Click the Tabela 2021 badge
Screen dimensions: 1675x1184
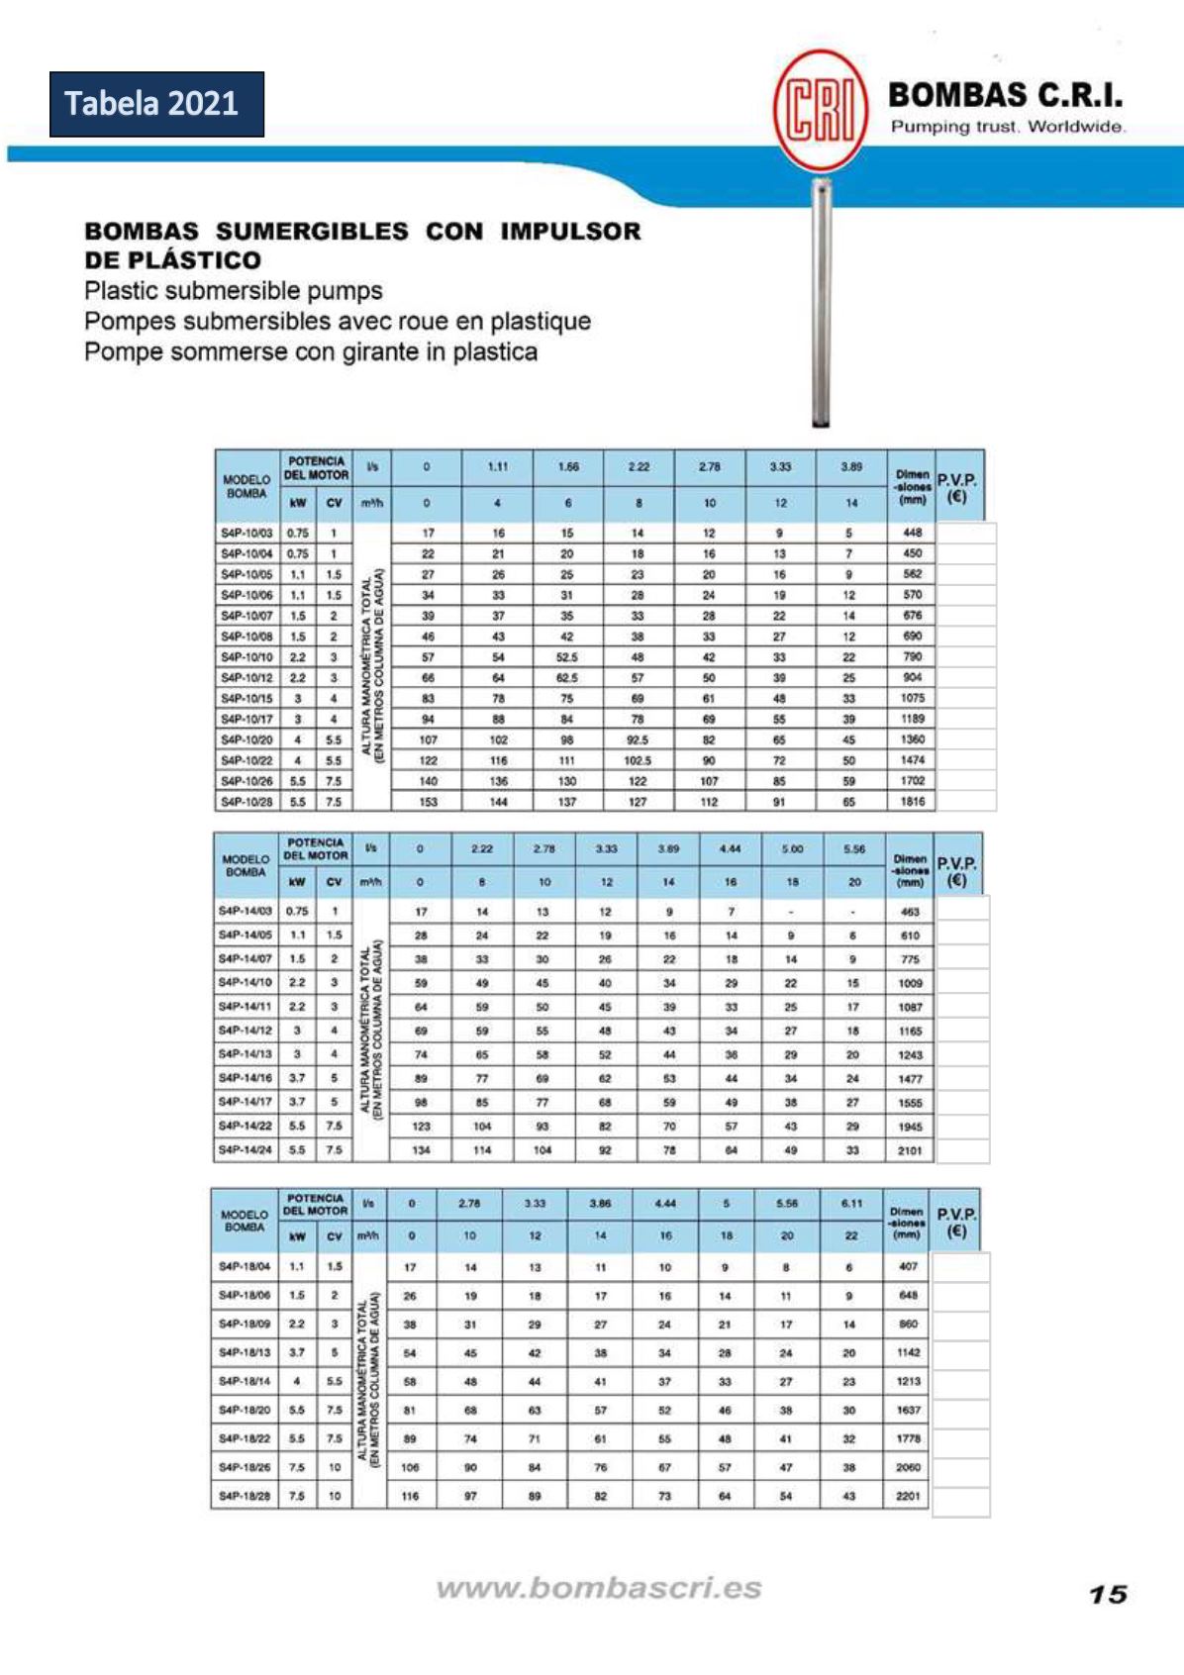[x=156, y=104]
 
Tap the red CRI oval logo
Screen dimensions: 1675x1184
[x=820, y=110]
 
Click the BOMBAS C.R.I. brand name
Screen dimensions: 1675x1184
[x=1005, y=96]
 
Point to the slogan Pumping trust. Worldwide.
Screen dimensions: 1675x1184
[x=1007, y=127]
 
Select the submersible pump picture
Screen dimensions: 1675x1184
[x=821, y=302]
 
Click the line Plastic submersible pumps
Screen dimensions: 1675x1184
[x=234, y=291]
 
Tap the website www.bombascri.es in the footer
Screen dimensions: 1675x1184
[x=599, y=1588]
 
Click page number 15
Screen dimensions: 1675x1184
[x=1108, y=1594]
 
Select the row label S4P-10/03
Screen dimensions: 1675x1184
[x=247, y=533]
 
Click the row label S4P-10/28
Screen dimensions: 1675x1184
[x=247, y=802]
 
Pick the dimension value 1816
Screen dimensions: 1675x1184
[x=912, y=802]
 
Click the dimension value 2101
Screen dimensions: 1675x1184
[x=910, y=1150]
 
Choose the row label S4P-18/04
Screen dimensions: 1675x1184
[x=245, y=1266]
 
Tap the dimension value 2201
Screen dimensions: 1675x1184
[x=908, y=1496]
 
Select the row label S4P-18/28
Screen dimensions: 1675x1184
[x=245, y=1496]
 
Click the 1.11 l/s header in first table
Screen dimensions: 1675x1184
[x=498, y=467]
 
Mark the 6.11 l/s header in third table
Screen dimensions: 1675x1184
[x=851, y=1204]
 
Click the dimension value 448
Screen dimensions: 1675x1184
[x=912, y=533]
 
